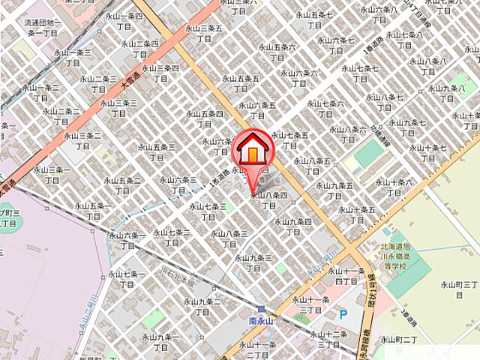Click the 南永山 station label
pos(262,320)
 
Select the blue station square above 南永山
pos(260,308)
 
